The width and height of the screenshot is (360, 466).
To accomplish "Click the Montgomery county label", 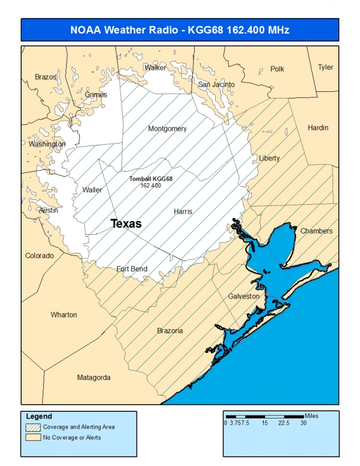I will (x=167, y=129).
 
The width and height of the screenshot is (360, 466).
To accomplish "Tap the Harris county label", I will (x=183, y=211).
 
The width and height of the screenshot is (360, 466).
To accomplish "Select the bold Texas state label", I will (x=126, y=223).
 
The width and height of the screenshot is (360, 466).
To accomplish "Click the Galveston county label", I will (x=243, y=296).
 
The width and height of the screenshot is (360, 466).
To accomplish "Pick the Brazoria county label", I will (x=170, y=330).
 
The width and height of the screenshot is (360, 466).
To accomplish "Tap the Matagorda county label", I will (x=94, y=378).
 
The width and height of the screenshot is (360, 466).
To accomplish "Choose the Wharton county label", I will (x=64, y=315).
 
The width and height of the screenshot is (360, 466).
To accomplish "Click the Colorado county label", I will (x=39, y=256).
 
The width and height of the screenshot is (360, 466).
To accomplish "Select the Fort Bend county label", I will (x=132, y=268).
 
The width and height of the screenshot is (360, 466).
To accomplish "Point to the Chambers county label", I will (x=316, y=231).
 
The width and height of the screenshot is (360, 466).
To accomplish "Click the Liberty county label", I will (x=269, y=158).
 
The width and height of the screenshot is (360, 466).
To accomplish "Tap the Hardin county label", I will (x=318, y=128).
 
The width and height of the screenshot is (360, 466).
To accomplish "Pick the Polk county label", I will (x=277, y=69).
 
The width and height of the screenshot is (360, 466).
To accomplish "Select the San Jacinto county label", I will (x=216, y=85).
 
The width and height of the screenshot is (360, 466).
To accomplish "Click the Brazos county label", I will (x=46, y=77).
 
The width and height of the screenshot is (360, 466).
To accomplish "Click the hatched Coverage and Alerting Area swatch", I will (x=34, y=427).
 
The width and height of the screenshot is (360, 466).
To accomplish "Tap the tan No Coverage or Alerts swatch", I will (x=34, y=437).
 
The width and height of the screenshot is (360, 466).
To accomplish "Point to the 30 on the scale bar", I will (x=304, y=423).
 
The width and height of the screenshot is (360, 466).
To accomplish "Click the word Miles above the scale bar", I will (x=312, y=415).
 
